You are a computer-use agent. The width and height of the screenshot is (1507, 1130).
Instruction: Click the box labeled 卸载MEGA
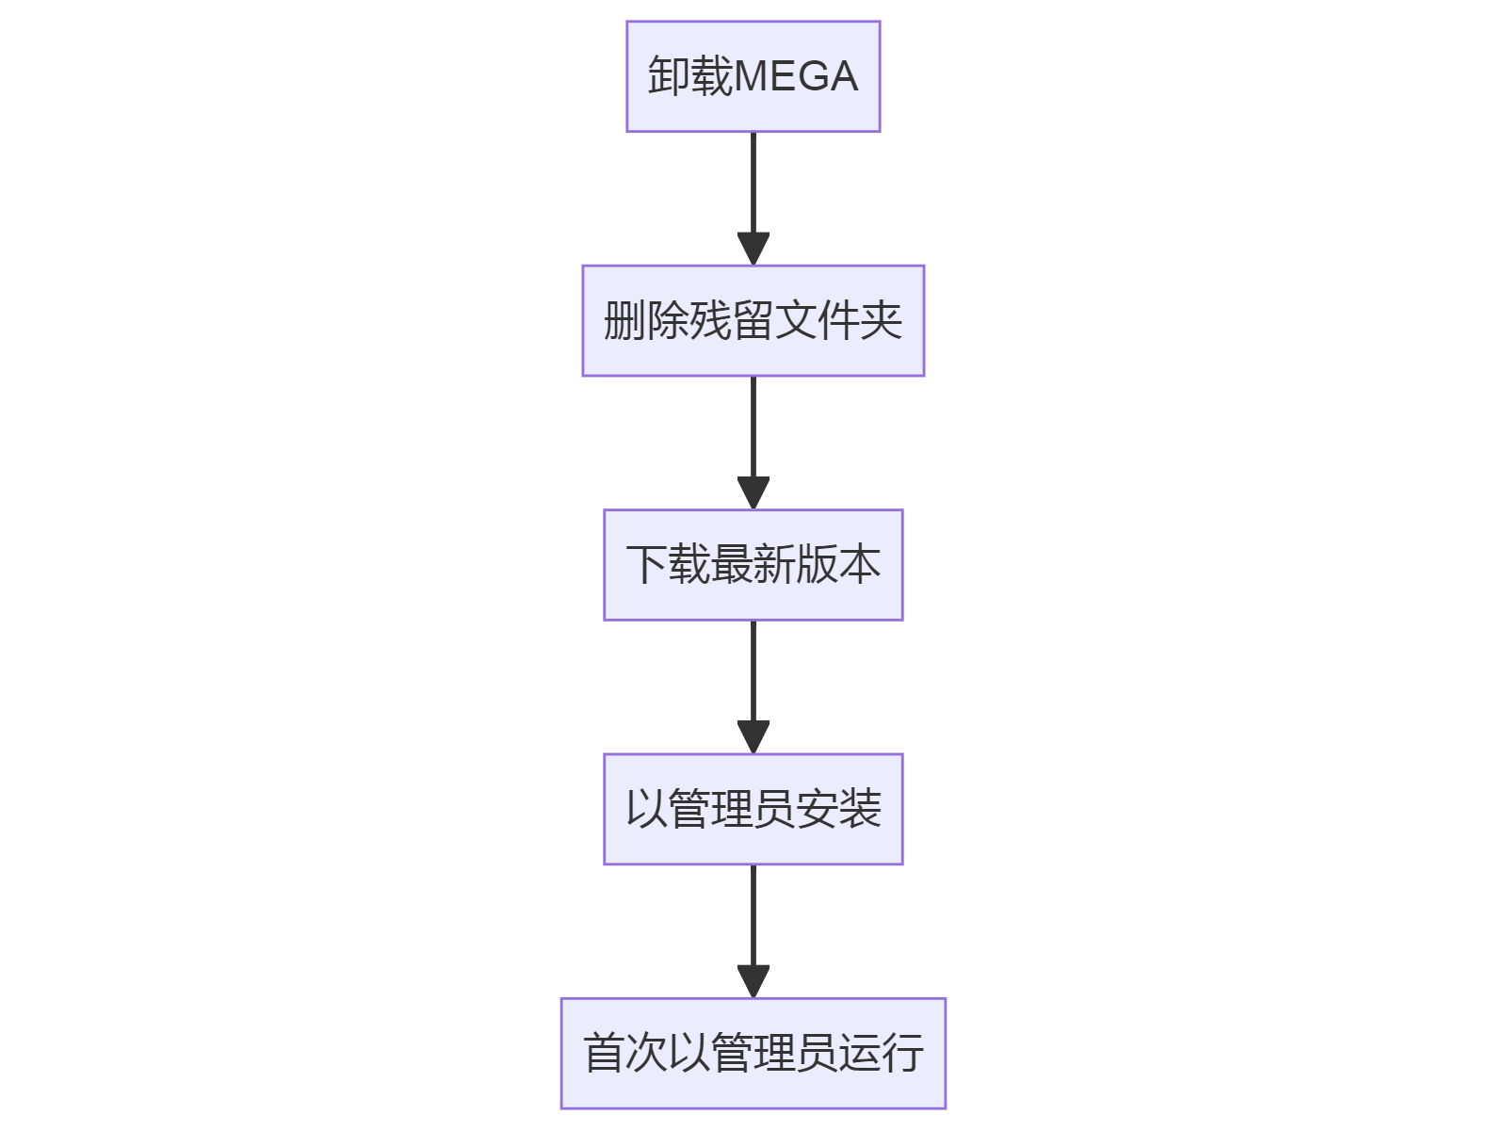(x=753, y=76)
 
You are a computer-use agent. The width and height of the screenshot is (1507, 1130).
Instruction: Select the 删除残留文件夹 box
(x=753, y=321)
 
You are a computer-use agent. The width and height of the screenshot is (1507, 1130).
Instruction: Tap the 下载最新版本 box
(x=753, y=565)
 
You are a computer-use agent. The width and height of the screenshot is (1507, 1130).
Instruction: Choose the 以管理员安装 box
(x=753, y=809)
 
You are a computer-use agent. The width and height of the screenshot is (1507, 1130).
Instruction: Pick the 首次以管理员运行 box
(x=753, y=1053)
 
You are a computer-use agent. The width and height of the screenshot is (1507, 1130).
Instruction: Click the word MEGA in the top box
(x=796, y=76)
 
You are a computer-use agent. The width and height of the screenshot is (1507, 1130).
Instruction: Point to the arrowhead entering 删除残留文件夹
(x=753, y=249)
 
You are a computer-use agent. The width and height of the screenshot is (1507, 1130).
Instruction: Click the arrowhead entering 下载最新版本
(x=753, y=492)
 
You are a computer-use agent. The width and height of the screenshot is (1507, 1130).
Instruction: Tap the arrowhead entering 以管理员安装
(x=753, y=736)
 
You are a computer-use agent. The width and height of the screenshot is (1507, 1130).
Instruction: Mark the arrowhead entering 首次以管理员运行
(x=753, y=981)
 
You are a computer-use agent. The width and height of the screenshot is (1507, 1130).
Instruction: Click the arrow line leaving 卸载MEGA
(x=753, y=184)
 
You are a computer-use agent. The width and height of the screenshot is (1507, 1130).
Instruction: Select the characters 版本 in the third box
(x=838, y=565)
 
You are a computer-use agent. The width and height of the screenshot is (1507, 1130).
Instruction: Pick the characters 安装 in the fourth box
(x=838, y=809)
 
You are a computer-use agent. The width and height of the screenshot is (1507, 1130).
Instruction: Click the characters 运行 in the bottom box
(x=881, y=1053)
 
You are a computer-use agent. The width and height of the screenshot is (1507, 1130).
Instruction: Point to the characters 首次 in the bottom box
(x=625, y=1053)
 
